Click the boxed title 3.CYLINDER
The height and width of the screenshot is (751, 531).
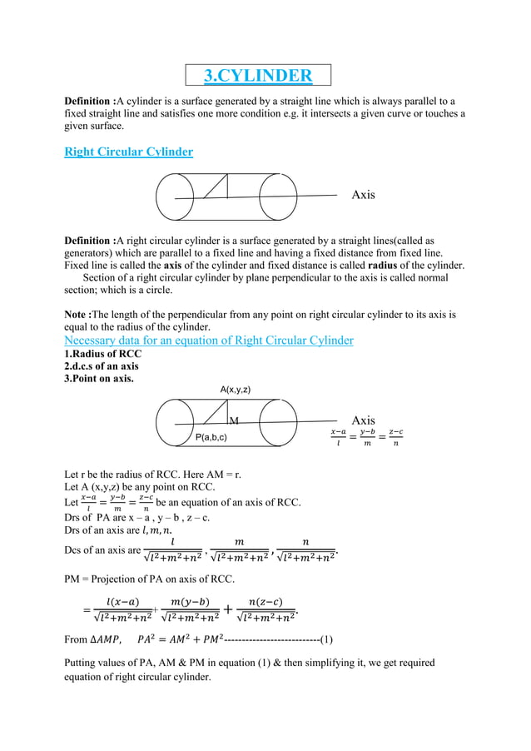259,77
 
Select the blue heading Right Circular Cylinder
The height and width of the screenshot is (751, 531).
129,152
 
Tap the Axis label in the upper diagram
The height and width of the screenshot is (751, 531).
363,195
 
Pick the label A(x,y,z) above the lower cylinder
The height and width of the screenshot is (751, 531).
236,390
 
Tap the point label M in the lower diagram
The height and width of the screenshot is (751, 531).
234,421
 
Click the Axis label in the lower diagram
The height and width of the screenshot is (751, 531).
364,420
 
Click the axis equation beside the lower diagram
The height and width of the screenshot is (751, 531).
367,438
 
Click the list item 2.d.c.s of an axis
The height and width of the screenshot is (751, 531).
102,366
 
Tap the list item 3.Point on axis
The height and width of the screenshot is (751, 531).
99,379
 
